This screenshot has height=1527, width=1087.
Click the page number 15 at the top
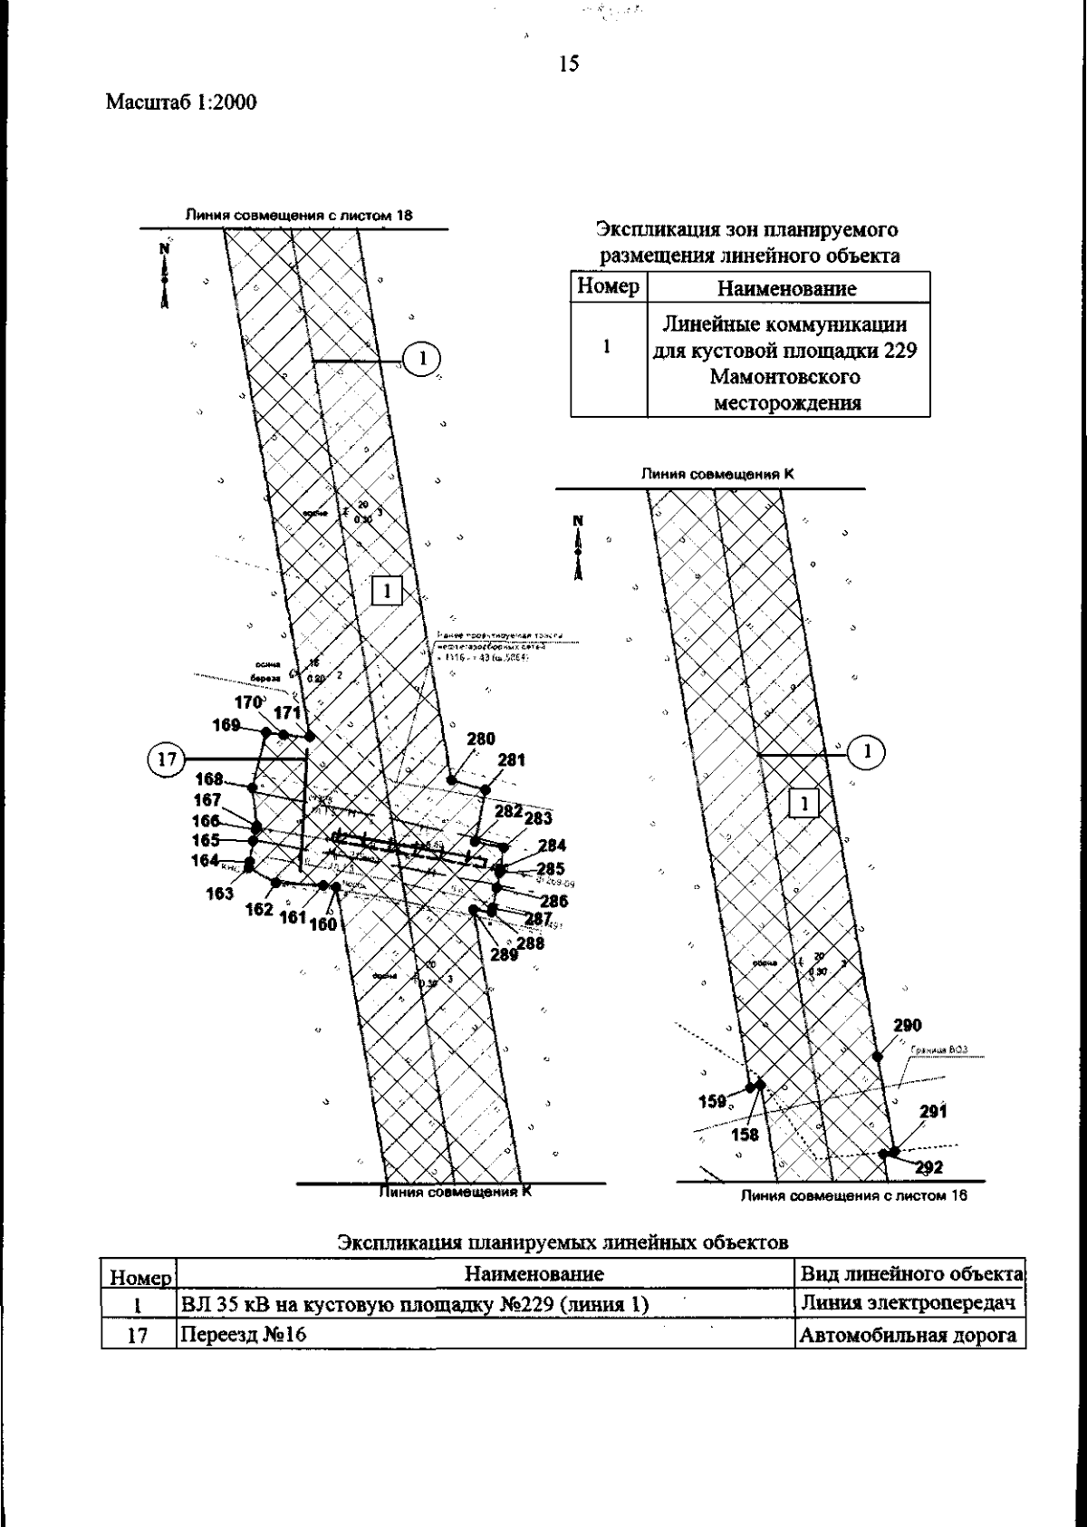(569, 63)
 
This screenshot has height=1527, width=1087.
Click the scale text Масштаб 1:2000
(181, 102)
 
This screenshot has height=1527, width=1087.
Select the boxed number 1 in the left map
(387, 591)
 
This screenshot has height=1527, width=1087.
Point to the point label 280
(481, 739)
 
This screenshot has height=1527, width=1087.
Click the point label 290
(908, 1025)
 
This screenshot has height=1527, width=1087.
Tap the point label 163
(219, 894)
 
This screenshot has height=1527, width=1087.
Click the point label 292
(929, 1167)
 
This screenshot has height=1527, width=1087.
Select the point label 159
(713, 1101)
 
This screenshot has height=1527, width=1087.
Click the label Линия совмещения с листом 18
(299, 217)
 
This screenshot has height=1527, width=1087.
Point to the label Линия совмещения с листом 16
(853, 1195)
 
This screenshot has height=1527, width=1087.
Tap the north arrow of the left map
(164, 275)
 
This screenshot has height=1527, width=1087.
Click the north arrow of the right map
(578, 547)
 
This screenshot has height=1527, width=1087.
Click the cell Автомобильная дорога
(908, 1335)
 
